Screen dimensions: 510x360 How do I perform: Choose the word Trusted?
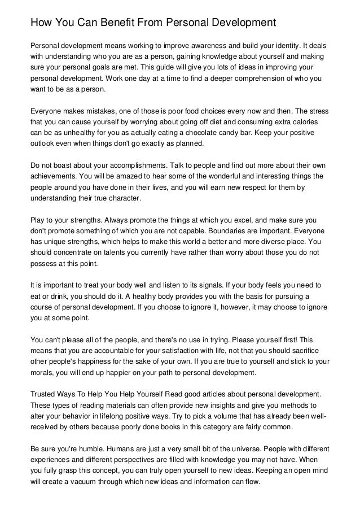[x=43, y=393]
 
